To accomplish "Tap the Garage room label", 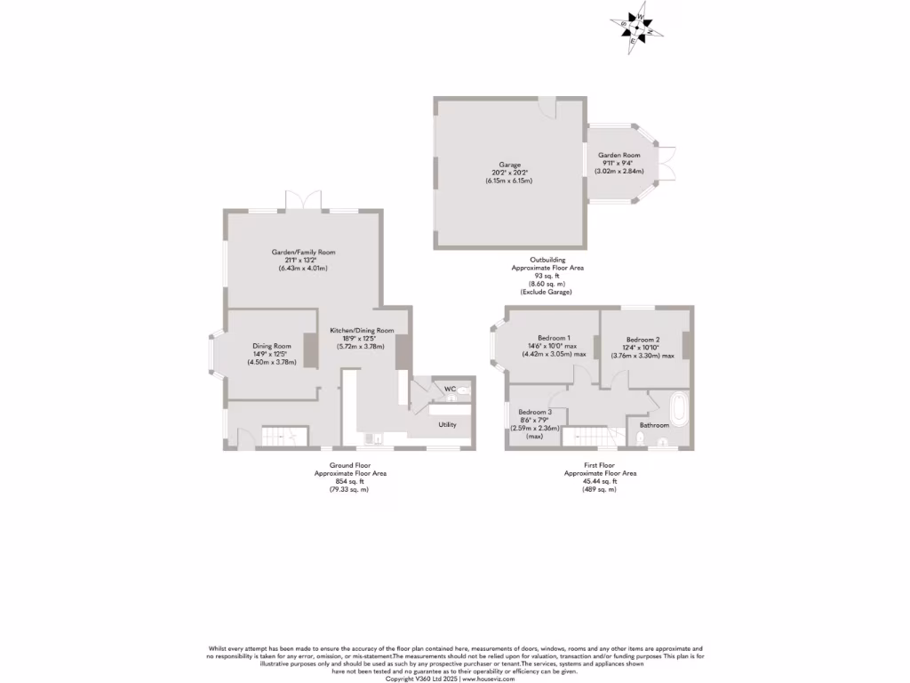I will pyautogui.click(x=509, y=165).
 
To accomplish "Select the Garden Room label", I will pyautogui.click(x=619, y=155).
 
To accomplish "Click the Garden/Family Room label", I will pyautogui.click(x=303, y=252).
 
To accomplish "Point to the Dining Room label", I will pyautogui.click(x=271, y=346).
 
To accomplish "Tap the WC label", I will pyautogui.click(x=450, y=389).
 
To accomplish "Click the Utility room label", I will pyautogui.click(x=447, y=424).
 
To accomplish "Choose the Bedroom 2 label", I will pyautogui.click(x=643, y=340).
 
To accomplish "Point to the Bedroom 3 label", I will pyautogui.click(x=536, y=412).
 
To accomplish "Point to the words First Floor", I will pyautogui.click(x=600, y=465).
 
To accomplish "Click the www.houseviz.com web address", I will pyautogui.click(x=489, y=678).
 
